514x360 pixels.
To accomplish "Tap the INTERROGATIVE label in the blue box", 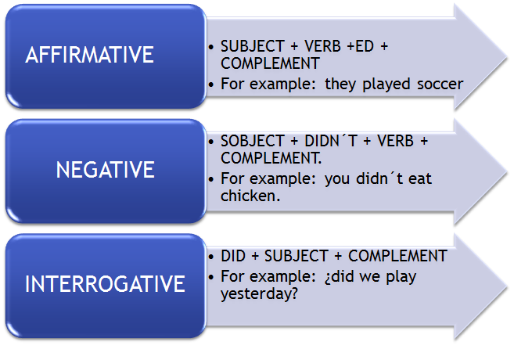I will click(x=105, y=283).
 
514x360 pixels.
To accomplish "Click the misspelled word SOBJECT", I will click(x=253, y=142).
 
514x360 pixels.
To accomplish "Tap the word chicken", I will click(x=250, y=196).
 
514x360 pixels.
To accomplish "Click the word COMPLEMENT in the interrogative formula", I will click(x=397, y=256).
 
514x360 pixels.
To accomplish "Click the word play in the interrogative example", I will click(x=398, y=276).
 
